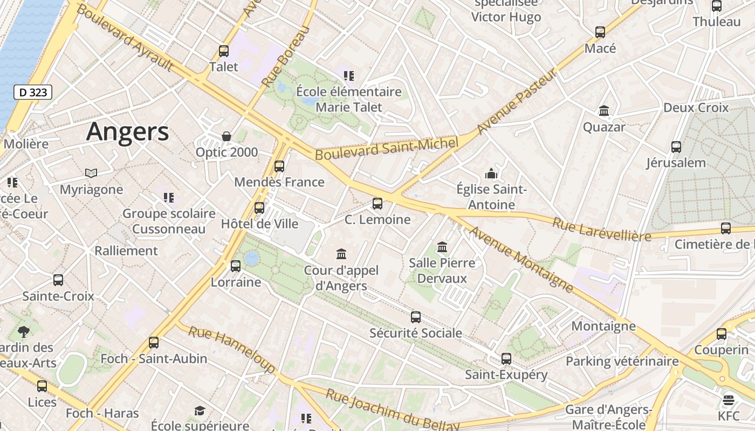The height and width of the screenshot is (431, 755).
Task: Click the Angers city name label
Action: coord(127,131)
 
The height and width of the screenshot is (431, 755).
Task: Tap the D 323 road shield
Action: coord(33,92)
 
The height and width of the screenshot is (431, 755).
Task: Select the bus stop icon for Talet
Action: coord(224,51)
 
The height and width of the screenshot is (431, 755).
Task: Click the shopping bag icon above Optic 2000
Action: coord(226,136)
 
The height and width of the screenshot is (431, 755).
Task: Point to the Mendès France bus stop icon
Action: coord(279,166)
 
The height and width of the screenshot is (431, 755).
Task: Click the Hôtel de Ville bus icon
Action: coord(259,208)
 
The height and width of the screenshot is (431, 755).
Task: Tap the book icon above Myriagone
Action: coord(91,173)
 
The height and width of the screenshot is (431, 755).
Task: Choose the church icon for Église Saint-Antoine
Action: coord(491,173)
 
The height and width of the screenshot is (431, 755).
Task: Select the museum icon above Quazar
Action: coord(604,111)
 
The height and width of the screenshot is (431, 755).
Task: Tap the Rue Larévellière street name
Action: coord(601,228)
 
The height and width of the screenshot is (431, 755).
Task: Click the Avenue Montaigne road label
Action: coord(521,259)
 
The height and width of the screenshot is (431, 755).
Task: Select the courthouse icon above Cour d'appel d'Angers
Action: coord(341,254)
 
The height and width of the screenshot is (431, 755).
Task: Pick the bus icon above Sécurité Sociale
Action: coord(416,317)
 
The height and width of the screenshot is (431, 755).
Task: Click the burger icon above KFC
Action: coord(729,400)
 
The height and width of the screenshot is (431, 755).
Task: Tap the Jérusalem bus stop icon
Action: coord(676,147)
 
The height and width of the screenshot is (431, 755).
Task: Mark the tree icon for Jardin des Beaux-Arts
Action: coord(24,331)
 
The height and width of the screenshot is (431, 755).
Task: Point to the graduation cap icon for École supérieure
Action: coord(200,411)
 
